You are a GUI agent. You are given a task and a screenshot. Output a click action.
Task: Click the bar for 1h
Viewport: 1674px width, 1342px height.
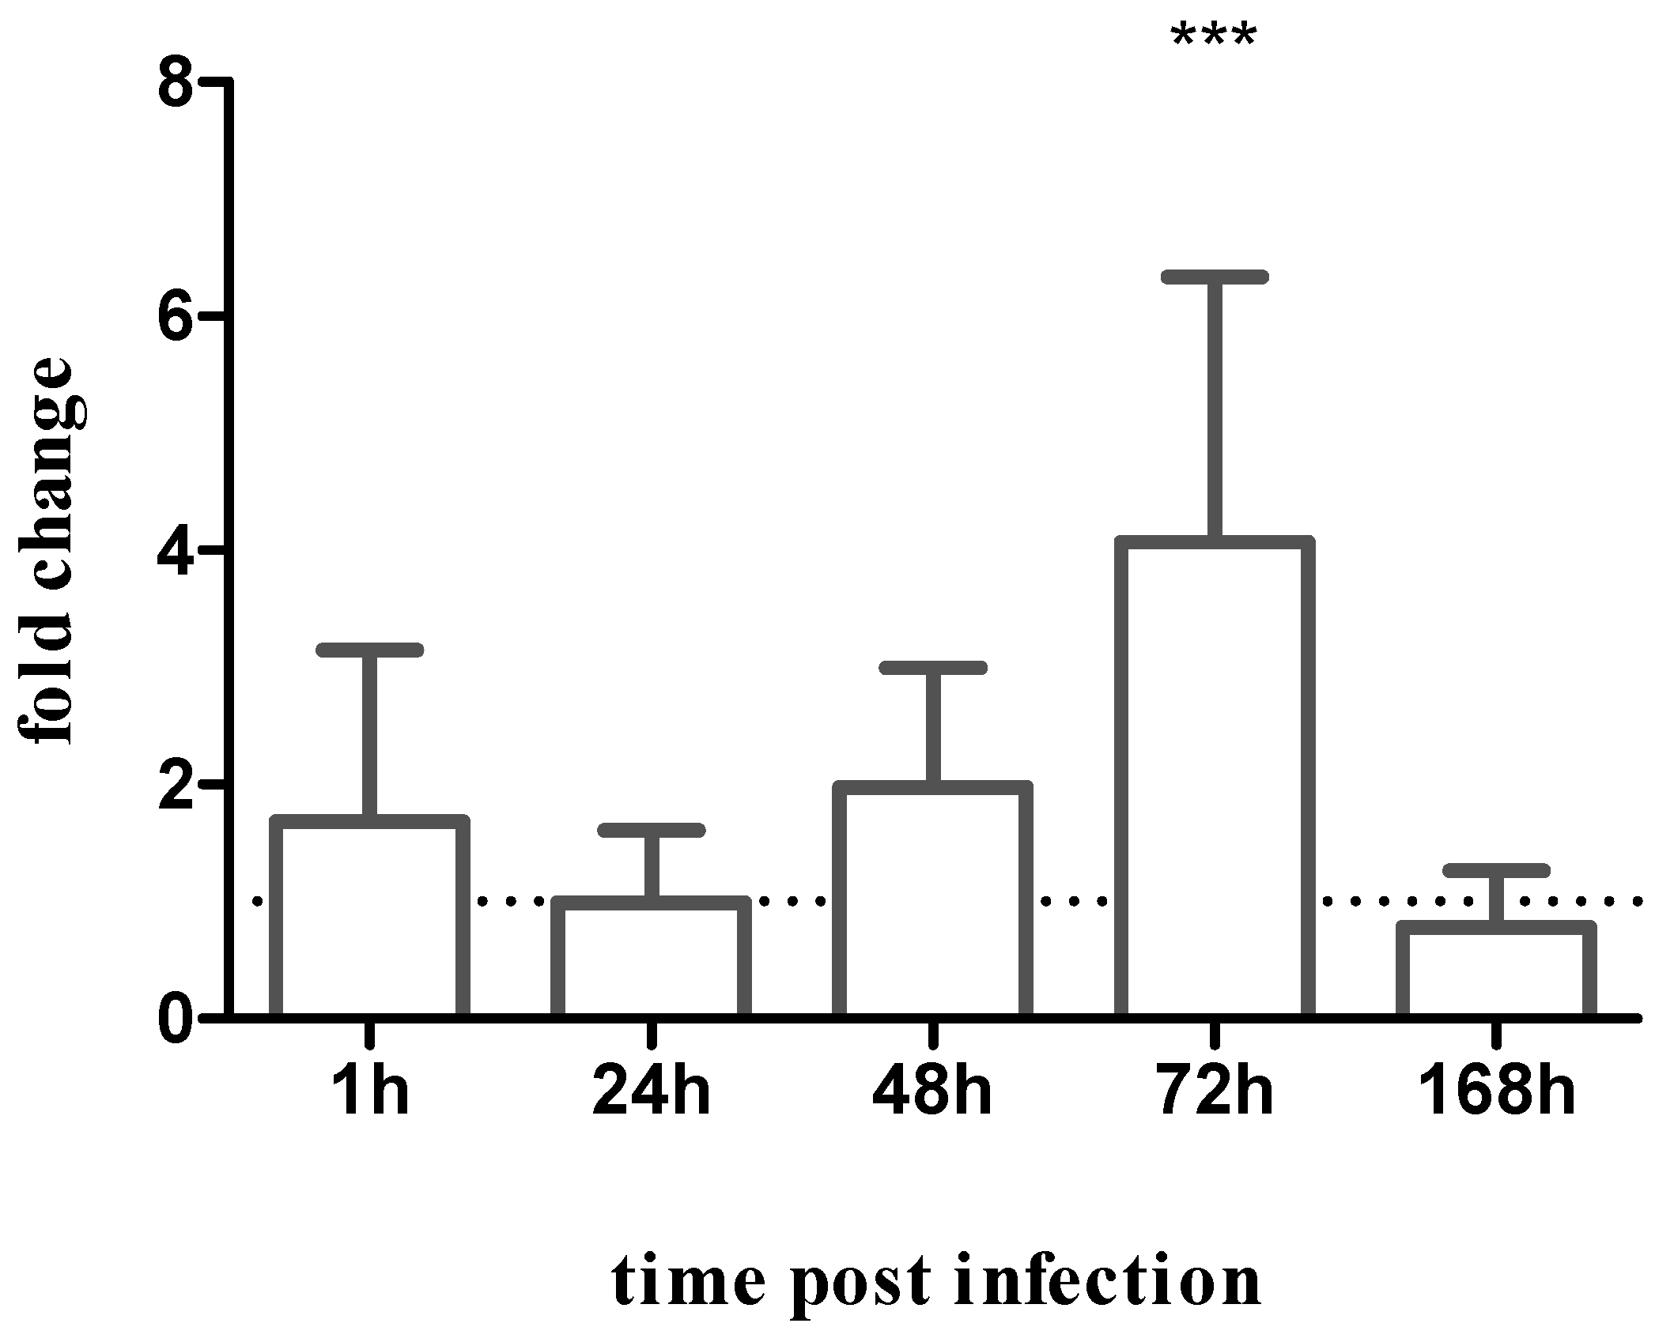[x=370, y=917]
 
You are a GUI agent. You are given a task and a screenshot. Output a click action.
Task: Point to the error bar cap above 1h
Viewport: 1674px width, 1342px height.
[x=370, y=650]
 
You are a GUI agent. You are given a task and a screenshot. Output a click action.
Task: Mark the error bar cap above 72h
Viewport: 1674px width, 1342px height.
[x=1215, y=277]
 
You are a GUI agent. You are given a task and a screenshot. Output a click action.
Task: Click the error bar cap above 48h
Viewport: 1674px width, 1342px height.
[x=933, y=668]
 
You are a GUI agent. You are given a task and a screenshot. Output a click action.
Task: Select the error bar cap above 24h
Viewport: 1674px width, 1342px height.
[x=651, y=830]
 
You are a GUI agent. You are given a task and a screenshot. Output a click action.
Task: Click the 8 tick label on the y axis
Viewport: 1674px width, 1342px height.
[x=176, y=81]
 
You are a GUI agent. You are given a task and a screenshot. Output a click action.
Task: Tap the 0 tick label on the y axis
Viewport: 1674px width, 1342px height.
[x=176, y=1020]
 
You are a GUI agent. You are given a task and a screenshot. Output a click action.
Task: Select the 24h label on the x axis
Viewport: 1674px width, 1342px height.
[x=651, y=1091]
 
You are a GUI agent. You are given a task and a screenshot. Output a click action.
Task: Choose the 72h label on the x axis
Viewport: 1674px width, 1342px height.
[x=1215, y=1091]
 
